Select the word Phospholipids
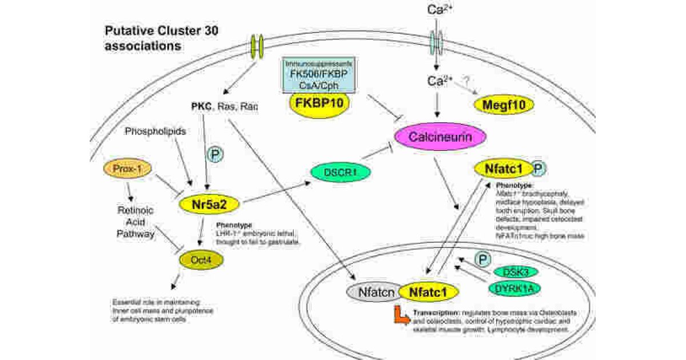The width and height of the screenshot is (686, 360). pos(155,131)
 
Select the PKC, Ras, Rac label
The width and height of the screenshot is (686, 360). pos(225,106)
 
